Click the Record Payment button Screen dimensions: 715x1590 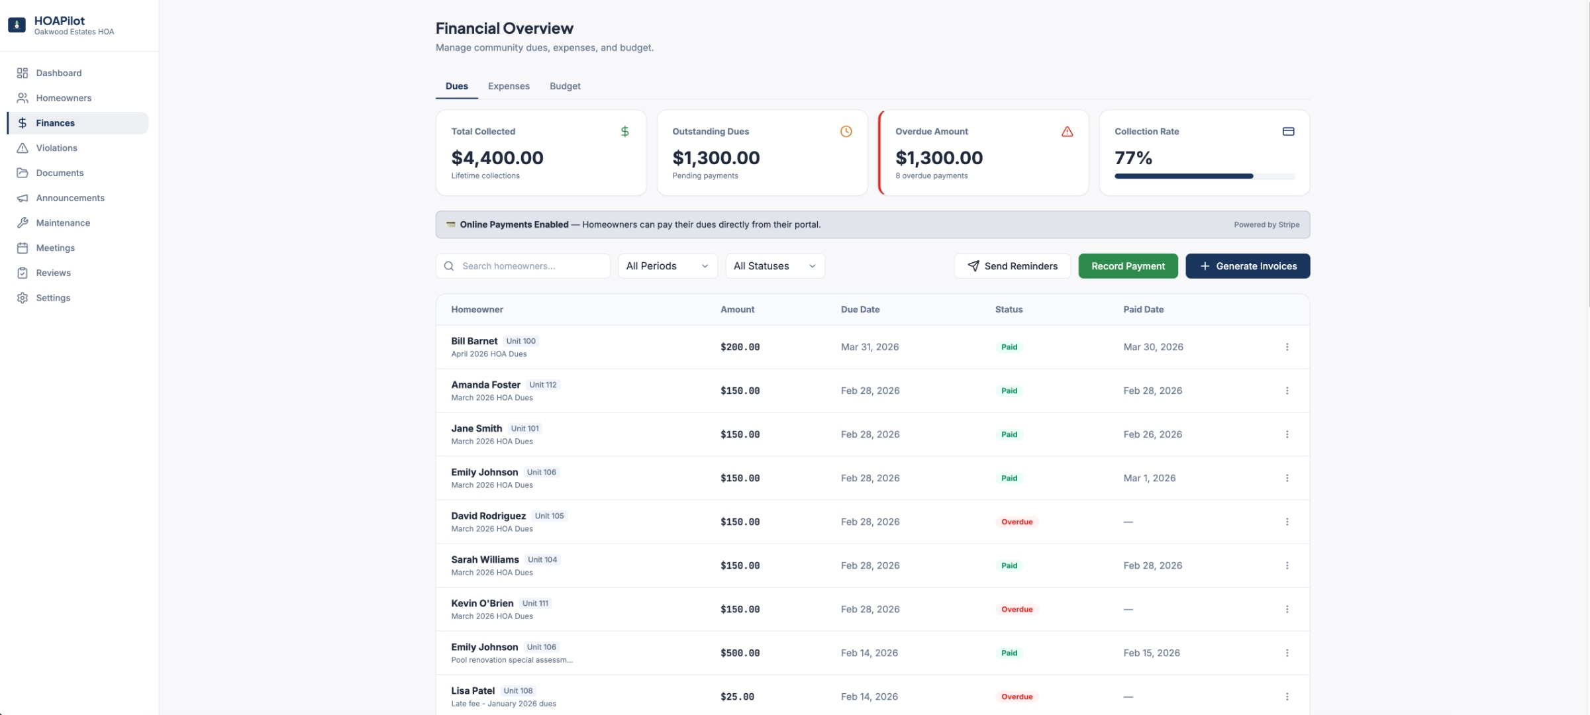(x=1127, y=266)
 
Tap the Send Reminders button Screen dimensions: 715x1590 (x=1012, y=266)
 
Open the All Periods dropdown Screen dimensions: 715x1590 (x=667, y=266)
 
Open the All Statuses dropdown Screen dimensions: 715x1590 (x=774, y=266)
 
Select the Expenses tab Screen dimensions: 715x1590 (x=508, y=86)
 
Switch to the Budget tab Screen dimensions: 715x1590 (x=564, y=86)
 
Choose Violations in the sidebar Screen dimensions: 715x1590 (x=56, y=148)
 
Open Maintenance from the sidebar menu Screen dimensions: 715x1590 (x=63, y=223)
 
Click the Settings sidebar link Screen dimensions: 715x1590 (x=53, y=298)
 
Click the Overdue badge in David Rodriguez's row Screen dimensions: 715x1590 (x=1017, y=522)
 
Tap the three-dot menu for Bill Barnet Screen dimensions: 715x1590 (x=1287, y=347)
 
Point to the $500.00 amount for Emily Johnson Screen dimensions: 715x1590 (x=740, y=653)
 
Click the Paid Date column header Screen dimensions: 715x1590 (x=1143, y=309)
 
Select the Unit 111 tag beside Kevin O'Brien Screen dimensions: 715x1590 (x=535, y=603)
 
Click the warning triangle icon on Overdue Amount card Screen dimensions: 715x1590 (x=1067, y=132)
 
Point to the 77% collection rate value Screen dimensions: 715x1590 (x=1133, y=158)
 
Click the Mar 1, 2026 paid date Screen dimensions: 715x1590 (x=1149, y=478)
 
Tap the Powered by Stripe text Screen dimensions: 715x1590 (x=1266, y=224)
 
